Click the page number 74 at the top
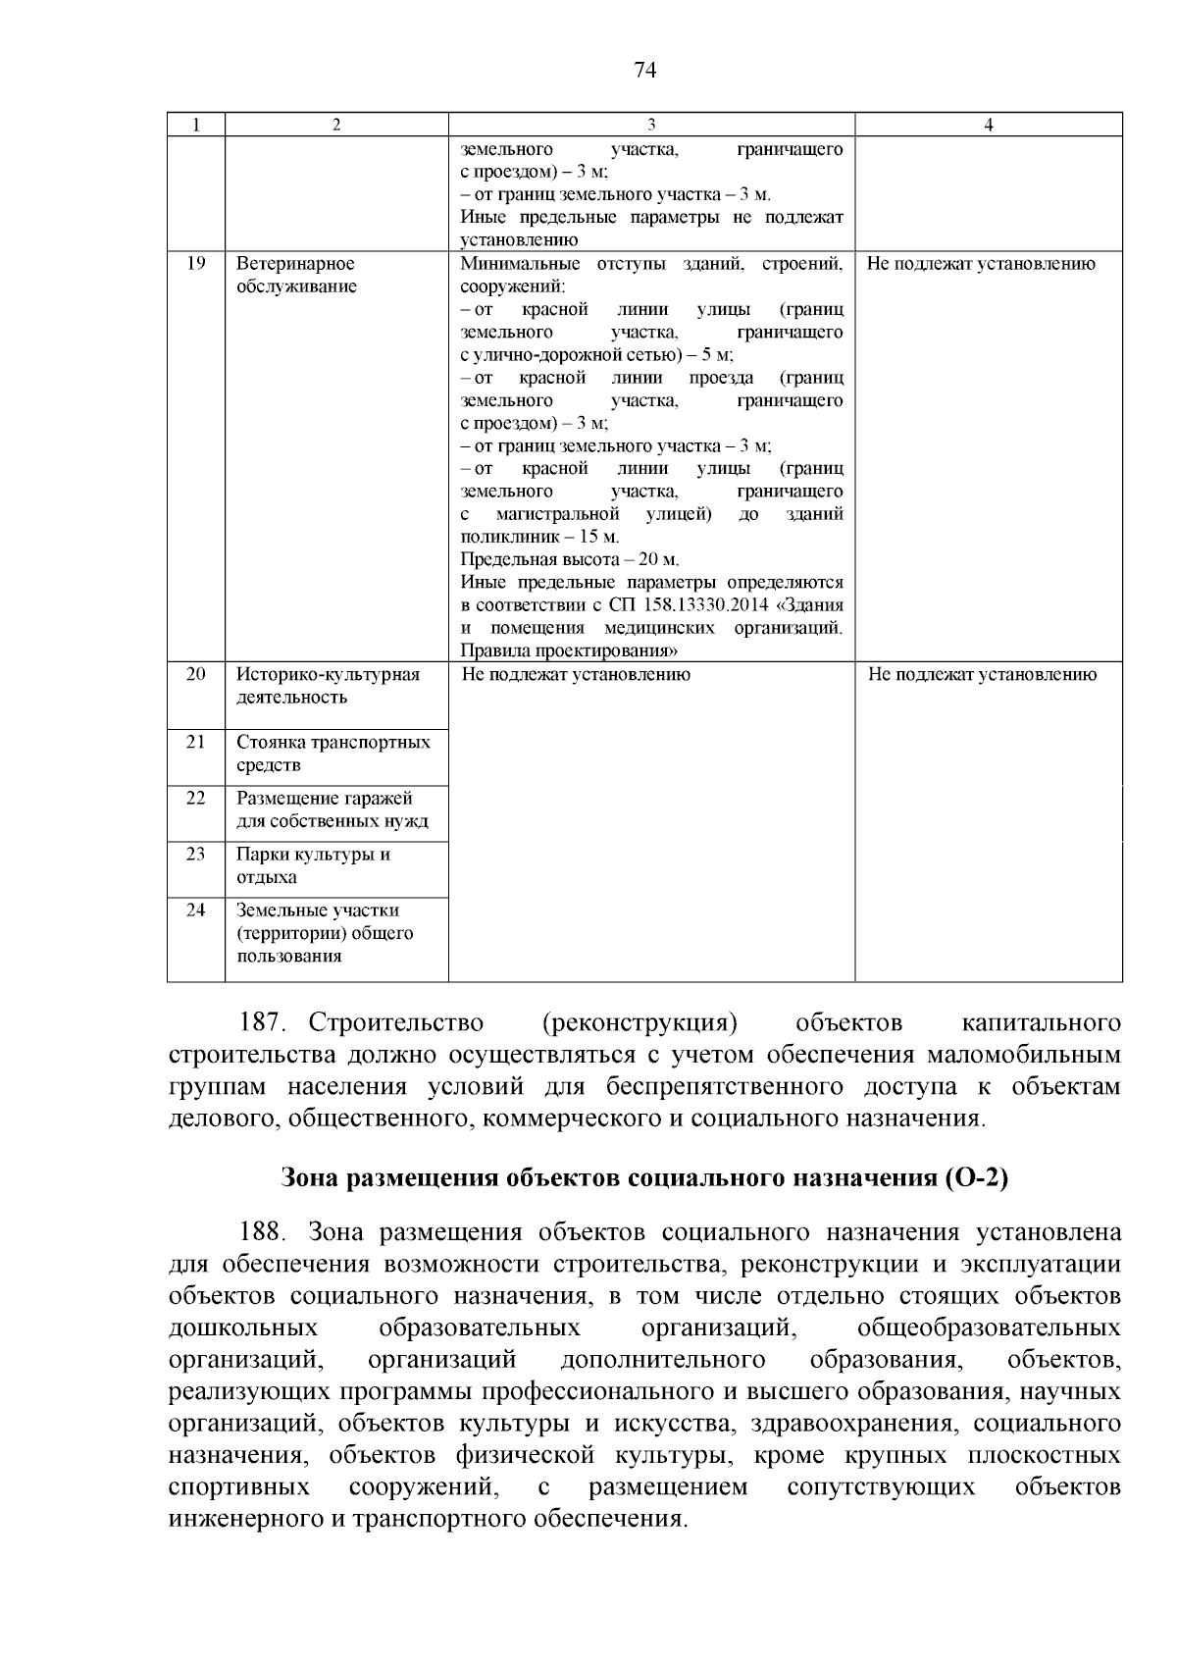[644, 70]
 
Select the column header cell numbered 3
[651, 125]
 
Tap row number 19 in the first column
[195, 263]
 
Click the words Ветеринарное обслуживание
[295, 275]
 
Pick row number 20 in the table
[195, 674]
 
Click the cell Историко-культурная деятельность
[328, 686]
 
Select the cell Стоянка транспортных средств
[333, 754]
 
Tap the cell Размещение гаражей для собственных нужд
[332, 809]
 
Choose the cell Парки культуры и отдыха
[313, 865]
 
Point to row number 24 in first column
[195, 910]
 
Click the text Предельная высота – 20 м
[569, 560]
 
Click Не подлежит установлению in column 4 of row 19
[981, 264]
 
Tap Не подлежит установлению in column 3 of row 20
[575, 675]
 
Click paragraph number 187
[262, 1023]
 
